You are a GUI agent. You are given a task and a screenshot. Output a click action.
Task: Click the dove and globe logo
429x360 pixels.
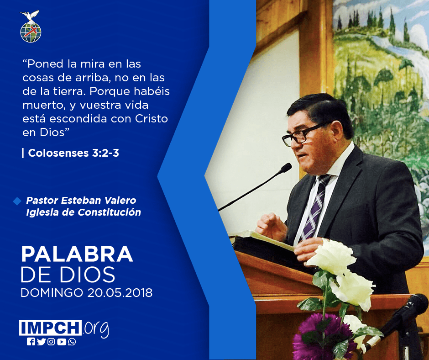click(x=31, y=26)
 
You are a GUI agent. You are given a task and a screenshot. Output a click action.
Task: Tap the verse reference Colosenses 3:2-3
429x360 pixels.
click(x=73, y=153)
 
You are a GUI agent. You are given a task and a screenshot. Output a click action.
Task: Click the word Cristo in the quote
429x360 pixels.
click(x=152, y=119)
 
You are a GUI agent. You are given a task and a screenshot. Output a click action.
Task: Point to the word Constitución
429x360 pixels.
click(x=110, y=212)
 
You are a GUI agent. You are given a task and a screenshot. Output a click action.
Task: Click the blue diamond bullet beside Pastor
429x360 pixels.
click(x=17, y=201)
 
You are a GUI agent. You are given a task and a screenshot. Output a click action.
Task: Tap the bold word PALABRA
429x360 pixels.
click(x=77, y=254)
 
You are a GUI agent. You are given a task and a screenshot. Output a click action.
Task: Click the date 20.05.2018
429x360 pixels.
click(x=120, y=292)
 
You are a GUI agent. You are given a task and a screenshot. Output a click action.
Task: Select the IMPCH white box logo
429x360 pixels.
click(x=50, y=328)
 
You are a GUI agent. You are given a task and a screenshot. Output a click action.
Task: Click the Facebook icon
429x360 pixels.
click(x=31, y=342)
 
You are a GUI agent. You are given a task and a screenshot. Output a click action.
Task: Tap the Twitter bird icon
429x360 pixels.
click(x=41, y=342)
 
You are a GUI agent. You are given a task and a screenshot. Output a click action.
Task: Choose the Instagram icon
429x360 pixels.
click(x=51, y=342)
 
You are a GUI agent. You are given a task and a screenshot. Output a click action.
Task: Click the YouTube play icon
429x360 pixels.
click(x=62, y=342)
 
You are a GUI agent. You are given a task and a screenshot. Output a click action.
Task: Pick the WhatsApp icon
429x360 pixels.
click(x=72, y=342)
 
